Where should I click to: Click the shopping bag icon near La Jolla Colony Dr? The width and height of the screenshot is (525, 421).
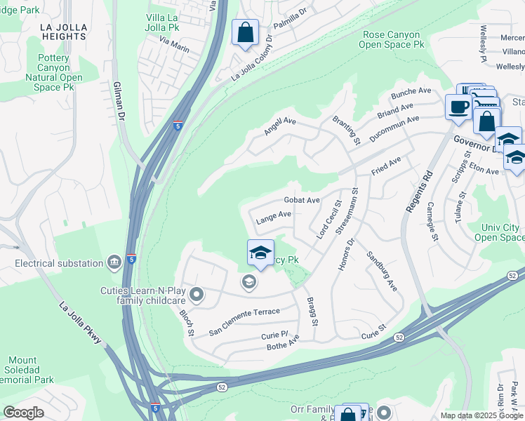[245, 33]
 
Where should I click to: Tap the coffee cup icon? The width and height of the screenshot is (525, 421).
[458, 107]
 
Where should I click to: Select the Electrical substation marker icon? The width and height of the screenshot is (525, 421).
[114, 263]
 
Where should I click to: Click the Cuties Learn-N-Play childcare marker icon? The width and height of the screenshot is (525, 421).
[197, 295]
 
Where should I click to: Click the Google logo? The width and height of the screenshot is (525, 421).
[24, 412]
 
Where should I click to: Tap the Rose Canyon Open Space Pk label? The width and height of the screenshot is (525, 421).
[391, 39]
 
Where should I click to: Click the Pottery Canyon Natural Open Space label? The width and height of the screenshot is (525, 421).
[53, 72]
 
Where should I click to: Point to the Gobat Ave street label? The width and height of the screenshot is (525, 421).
[302, 200]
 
